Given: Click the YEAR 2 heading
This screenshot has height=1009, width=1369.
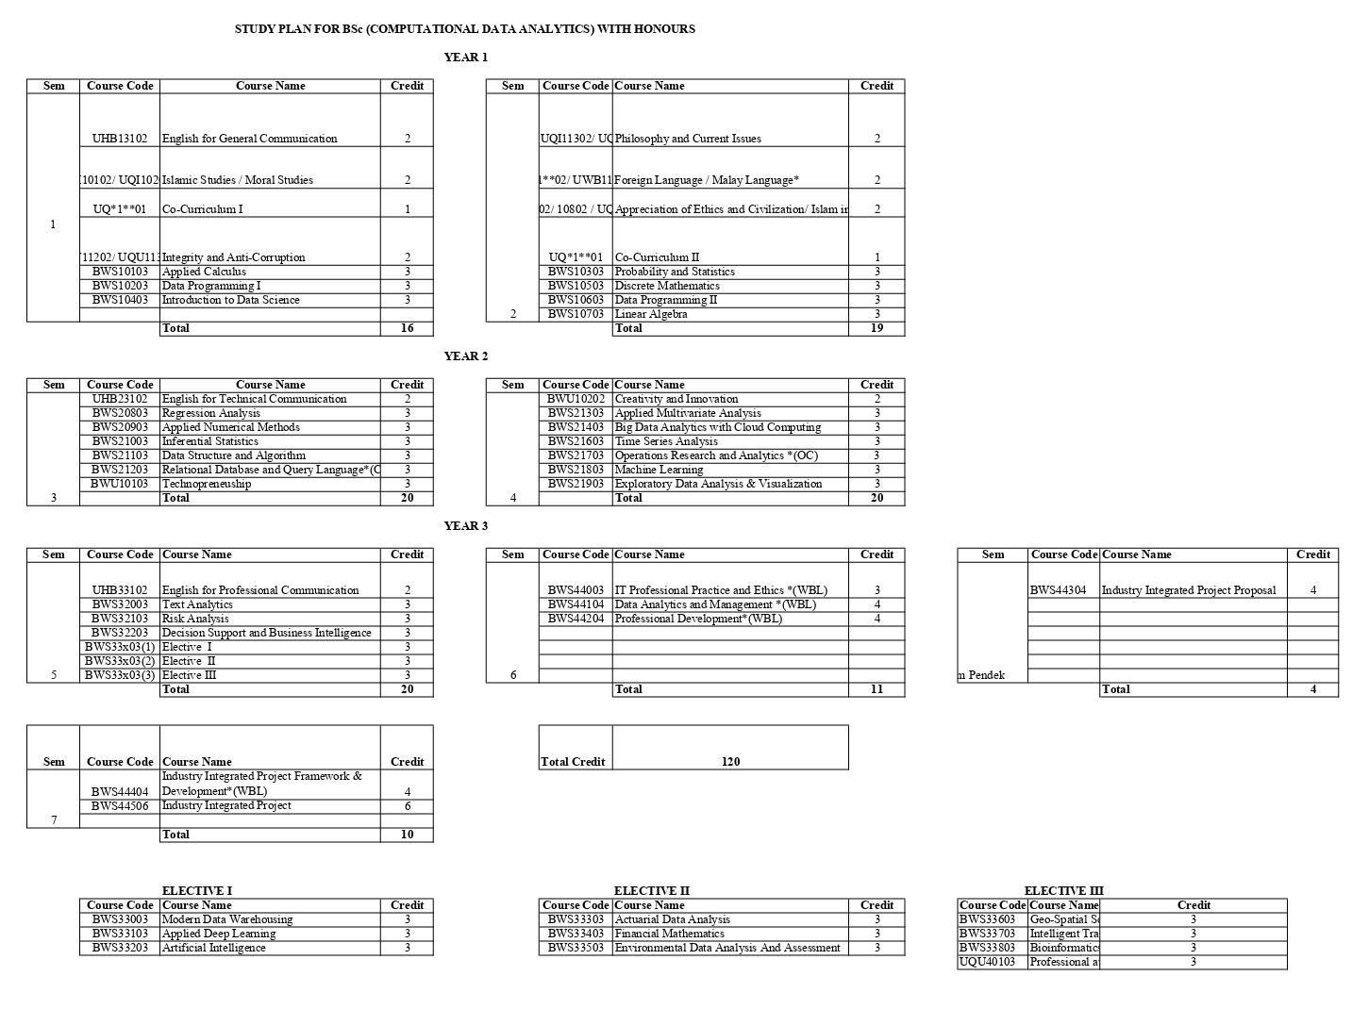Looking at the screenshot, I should click(466, 356).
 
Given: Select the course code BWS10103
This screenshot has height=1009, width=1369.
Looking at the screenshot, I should click(120, 272).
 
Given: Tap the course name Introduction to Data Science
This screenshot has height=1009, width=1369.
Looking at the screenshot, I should click(231, 300).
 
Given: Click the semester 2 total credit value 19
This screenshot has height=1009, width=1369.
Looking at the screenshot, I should click(876, 328).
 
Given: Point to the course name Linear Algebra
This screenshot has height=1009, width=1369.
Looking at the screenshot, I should click(651, 314).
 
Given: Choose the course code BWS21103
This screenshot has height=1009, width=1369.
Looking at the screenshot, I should click(120, 455).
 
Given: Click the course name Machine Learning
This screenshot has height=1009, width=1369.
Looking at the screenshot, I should click(659, 470).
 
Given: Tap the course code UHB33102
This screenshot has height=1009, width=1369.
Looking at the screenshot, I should click(120, 590).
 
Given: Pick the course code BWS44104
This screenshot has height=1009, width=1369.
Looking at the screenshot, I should click(576, 604).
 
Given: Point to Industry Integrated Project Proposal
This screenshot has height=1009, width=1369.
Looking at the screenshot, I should click(1189, 590).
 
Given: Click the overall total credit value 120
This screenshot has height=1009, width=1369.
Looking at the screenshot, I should click(730, 762).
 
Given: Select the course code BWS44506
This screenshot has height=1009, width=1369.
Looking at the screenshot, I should click(120, 806).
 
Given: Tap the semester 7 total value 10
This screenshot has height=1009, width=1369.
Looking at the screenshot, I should click(407, 835).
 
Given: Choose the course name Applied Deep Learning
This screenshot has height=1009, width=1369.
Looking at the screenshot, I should click(219, 934).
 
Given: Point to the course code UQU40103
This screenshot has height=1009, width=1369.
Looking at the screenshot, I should click(987, 962).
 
